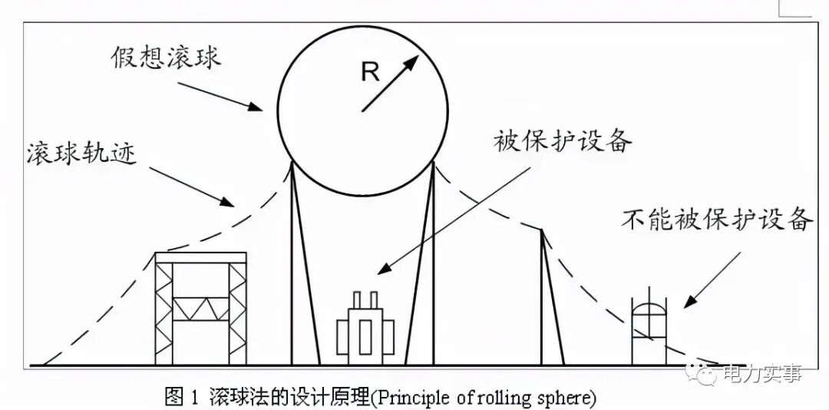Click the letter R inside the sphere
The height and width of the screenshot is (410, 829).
(371, 73)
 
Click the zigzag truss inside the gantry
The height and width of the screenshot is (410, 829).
(200, 309)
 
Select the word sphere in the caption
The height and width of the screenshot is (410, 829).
(567, 398)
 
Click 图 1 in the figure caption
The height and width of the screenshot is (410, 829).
(181, 398)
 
